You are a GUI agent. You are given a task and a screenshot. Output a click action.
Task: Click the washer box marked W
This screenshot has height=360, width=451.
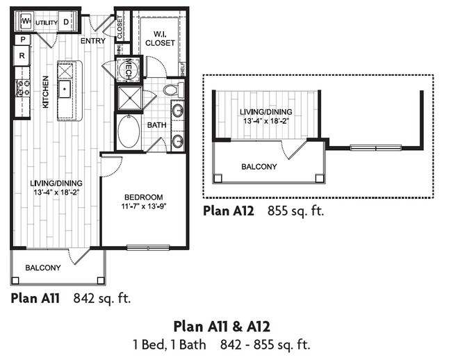(x=24, y=22)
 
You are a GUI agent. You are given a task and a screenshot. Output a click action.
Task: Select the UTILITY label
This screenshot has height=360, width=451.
(x=47, y=22)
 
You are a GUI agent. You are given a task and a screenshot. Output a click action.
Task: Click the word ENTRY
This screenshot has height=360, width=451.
(x=92, y=41)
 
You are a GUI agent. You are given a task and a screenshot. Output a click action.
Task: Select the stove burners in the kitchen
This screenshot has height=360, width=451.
(x=23, y=88)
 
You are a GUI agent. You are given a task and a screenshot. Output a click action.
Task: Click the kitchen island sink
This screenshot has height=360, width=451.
(x=65, y=88)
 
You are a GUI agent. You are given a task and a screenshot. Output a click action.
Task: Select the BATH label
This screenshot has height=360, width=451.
(x=156, y=124)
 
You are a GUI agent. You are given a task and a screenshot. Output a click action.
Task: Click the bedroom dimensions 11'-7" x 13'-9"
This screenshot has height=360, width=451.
(x=145, y=206)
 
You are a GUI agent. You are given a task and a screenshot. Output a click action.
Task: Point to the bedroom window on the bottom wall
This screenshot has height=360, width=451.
(x=148, y=246)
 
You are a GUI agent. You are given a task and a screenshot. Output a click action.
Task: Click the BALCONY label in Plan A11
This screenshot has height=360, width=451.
(x=43, y=268)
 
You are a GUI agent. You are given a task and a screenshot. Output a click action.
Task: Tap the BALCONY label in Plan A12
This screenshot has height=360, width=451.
(x=259, y=167)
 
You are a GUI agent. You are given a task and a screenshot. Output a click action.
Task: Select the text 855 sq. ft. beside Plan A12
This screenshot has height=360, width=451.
(x=295, y=210)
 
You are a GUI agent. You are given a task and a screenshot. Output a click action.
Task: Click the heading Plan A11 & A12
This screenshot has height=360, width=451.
(x=221, y=327)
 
